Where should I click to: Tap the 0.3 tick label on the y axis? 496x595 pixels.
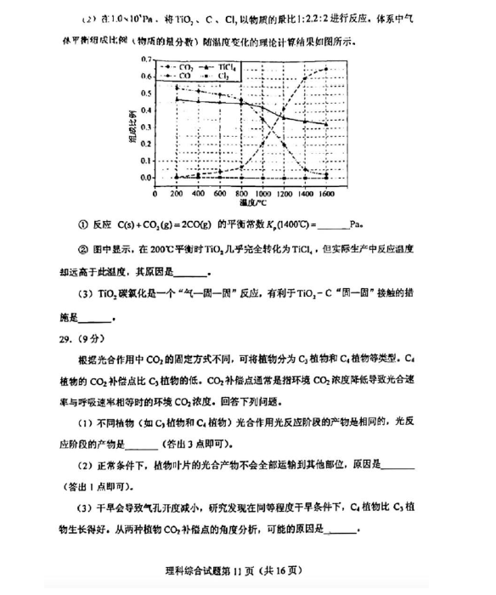click(x=147, y=127)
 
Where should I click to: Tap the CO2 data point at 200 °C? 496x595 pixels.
click(x=177, y=87)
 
